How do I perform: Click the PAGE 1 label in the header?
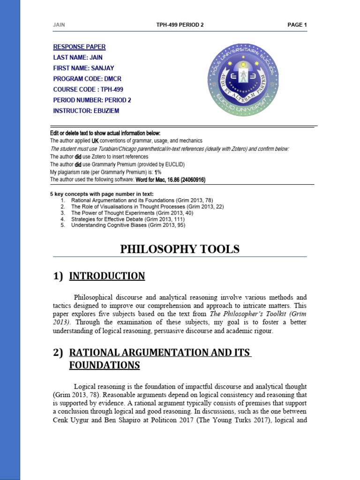(x=297, y=25)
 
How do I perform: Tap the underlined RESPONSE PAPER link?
(x=79, y=46)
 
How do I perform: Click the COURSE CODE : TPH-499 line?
(x=88, y=89)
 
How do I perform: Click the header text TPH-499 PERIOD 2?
(x=180, y=25)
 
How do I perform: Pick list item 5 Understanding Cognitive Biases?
(x=128, y=225)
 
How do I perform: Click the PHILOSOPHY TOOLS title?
(x=180, y=249)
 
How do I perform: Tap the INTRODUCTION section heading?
(x=107, y=276)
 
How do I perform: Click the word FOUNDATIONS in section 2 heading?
(x=105, y=365)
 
